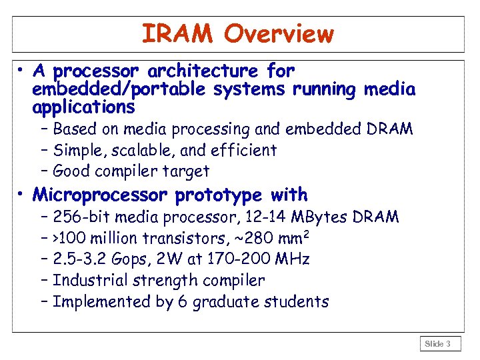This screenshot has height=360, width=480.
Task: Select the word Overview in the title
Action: [279, 33]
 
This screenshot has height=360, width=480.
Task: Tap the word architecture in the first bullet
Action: [204, 71]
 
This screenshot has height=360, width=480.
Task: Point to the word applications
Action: [83, 107]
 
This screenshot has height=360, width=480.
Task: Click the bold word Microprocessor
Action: [101, 195]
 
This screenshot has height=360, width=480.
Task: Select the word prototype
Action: [219, 195]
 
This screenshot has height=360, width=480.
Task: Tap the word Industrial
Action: [86, 281]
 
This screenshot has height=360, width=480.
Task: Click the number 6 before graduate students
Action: [181, 302]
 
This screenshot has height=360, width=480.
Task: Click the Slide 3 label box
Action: [438, 344]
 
